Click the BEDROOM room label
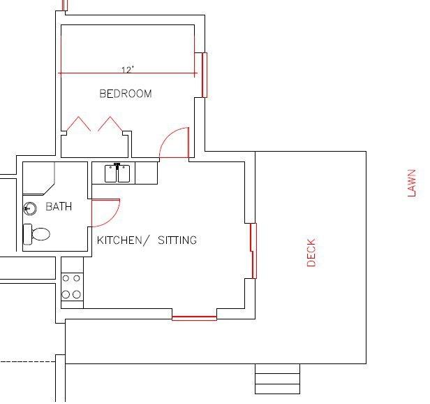126,94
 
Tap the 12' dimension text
128,70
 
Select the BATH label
59,206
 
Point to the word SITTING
177,240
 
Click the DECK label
311,252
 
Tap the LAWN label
412,183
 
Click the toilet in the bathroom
36,234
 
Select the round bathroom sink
30,208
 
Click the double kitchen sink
117,173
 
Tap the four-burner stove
72,287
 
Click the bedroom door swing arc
168,137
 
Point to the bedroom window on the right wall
205,75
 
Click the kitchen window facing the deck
253,251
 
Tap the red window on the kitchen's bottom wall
195,318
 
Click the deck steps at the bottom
278,379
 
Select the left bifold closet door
78,124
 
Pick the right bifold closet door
110,124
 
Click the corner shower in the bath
38,178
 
